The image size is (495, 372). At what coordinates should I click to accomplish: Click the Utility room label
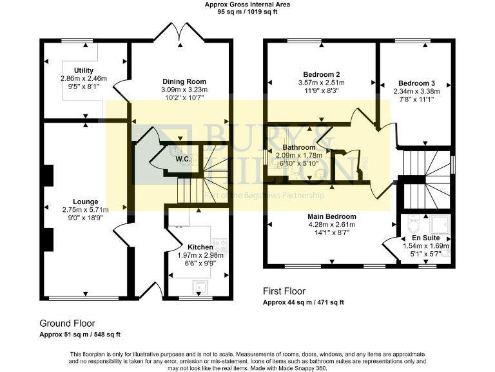[x=84, y=70]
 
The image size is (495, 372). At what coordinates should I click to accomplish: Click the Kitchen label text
[x=200, y=247]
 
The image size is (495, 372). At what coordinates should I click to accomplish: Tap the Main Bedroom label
[x=331, y=216]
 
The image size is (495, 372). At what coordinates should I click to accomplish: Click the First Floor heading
[x=284, y=291]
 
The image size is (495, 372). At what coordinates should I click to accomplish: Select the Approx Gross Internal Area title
[x=247, y=5]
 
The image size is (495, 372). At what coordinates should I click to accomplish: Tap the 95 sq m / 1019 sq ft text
[x=247, y=12]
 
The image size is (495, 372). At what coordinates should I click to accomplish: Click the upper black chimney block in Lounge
[x=48, y=175]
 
